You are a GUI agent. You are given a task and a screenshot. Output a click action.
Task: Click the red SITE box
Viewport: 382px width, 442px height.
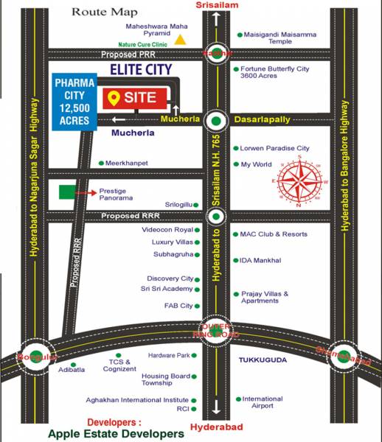coord(132,97)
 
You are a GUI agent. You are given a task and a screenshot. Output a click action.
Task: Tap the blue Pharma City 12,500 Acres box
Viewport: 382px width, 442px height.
coord(73,100)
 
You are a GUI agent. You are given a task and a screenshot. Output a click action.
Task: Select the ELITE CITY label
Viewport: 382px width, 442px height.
coord(141,69)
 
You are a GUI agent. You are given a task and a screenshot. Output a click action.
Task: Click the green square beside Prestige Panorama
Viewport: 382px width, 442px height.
coord(67,193)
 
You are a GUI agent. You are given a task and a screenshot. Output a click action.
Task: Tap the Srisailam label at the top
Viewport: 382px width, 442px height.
coord(215,6)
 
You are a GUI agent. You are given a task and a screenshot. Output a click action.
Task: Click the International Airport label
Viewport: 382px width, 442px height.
coord(263,402)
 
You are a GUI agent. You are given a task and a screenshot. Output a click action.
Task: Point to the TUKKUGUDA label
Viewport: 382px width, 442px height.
coord(263,359)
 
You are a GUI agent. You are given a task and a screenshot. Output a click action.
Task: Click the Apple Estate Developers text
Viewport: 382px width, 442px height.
coord(116,434)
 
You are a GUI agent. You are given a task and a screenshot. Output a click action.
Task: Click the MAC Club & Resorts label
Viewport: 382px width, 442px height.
coord(274,234)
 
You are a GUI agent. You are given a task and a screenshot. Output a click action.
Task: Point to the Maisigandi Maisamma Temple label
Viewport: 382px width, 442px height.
coord(274,38)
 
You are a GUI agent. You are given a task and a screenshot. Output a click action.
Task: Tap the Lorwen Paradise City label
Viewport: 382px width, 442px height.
coord(275,148)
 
